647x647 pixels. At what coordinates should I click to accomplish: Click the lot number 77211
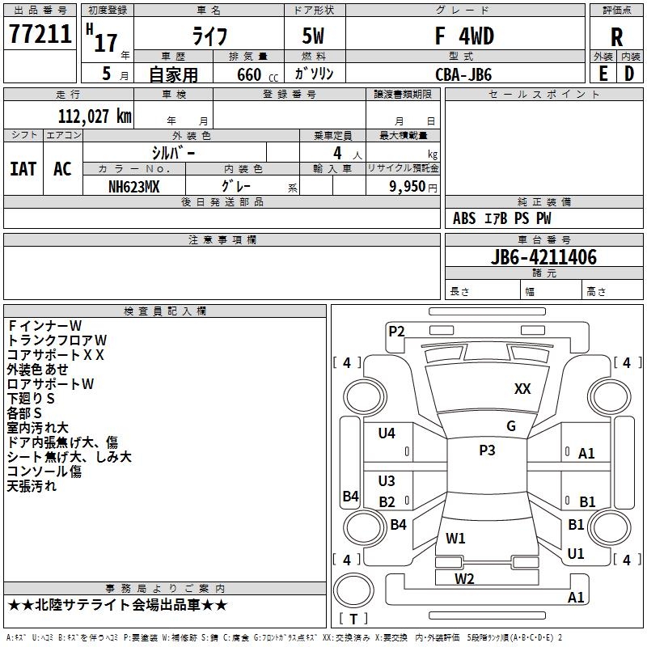[40, 34]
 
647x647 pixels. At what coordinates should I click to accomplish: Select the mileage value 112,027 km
[95, 116]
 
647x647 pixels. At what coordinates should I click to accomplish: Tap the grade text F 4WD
[464, 36]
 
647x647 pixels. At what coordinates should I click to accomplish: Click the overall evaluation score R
[616, 37]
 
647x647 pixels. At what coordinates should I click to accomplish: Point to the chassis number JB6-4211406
[543, 257]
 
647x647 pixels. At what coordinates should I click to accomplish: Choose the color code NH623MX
[133, 187]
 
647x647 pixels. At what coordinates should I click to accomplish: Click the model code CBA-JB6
[463, 74]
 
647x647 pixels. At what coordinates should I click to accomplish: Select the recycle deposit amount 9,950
[408, 187]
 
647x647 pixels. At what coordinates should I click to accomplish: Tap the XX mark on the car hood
[522, 389]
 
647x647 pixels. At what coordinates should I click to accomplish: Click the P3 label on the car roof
[487, 450]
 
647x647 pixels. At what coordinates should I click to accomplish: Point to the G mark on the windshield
[511, 426]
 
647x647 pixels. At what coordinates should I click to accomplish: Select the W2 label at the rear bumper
[464, 579]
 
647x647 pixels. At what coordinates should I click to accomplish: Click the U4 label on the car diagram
[387, 433]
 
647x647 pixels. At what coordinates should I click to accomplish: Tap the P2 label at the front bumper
[396, 332]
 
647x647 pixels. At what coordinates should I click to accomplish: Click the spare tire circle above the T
[353, 590]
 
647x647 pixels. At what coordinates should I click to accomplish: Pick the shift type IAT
[23, 169]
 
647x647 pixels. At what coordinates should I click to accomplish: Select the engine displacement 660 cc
[257, 75]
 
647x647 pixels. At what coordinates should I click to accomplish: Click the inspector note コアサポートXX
[55, 355]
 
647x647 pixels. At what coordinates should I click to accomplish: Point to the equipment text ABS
[464, 218]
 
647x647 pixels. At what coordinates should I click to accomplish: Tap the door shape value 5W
[313, 36]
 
